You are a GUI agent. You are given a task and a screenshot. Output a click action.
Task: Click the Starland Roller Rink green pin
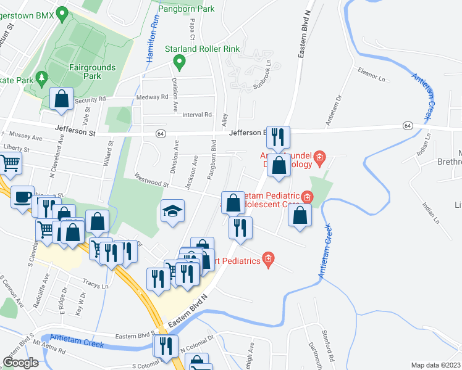tap(179, 62)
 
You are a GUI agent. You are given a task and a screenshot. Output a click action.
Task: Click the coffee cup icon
tap(23, 197)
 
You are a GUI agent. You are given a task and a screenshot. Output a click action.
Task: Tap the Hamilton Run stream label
tap(153, 38)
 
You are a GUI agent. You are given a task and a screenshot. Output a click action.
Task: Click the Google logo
tap(21, 363)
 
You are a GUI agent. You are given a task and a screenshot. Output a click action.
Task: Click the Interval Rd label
tap(197, 115)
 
